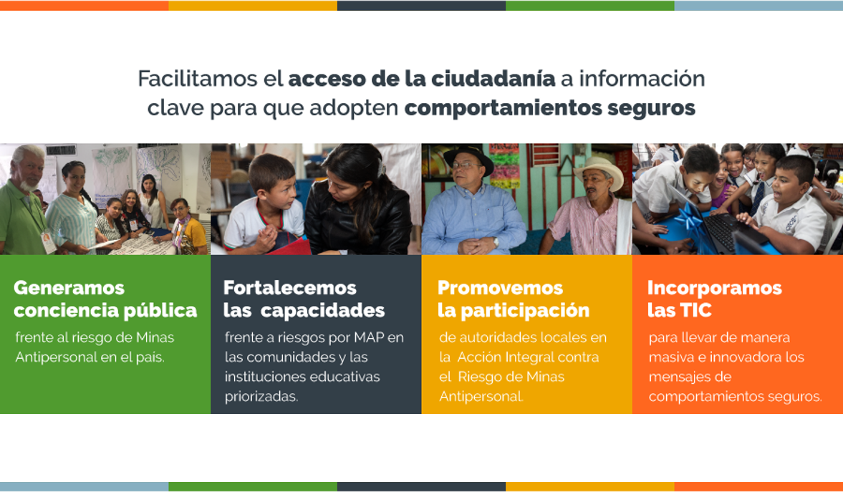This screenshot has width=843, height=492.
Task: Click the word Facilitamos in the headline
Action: pos(198,79)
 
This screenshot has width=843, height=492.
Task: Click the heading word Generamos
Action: pos(69,288)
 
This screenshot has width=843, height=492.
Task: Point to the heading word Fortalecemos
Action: pos(290,288)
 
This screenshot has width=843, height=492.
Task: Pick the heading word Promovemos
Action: pos(500,288)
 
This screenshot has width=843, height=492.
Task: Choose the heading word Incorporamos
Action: pos(715,288)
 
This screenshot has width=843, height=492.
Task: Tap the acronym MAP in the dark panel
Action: pos(369,338)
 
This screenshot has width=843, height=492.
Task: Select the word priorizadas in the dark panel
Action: pos(261,397)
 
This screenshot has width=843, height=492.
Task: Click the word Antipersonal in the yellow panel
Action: pos(481,397)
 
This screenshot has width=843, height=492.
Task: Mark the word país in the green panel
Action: pos(150,357)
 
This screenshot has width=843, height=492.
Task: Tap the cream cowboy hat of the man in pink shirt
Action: pos(598,171)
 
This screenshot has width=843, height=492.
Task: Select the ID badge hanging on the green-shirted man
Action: pos(48,242)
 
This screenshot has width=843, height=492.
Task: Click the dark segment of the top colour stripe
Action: pos(421,6)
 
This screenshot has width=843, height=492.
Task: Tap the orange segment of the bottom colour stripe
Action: pos(758,486)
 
